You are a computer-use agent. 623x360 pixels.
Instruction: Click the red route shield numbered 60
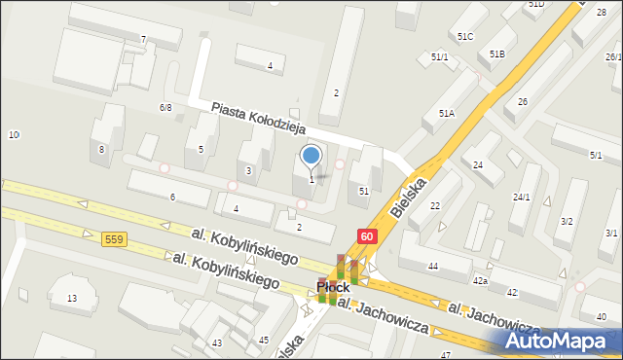(366, 236)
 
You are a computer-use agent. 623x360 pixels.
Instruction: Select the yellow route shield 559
(113, 239)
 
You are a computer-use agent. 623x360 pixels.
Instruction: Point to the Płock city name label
(333, 288)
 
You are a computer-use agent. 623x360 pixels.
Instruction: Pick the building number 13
(71, 298)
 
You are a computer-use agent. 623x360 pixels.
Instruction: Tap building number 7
(143, 40)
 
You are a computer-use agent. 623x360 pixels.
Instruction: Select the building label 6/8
(165, 108)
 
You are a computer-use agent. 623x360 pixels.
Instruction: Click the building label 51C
(464, 36)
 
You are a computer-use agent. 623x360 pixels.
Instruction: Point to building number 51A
(446, 114)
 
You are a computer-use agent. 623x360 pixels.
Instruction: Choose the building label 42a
(480, 280)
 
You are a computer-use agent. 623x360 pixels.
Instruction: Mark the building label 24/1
(522, 198)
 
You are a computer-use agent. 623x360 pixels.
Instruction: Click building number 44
(432, 267)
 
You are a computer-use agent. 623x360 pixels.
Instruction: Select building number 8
(101, 150)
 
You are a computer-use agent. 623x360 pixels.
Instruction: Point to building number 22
(434, 205)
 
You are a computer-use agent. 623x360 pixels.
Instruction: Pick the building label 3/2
(567, 222)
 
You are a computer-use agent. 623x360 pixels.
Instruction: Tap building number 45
(264, 340)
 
